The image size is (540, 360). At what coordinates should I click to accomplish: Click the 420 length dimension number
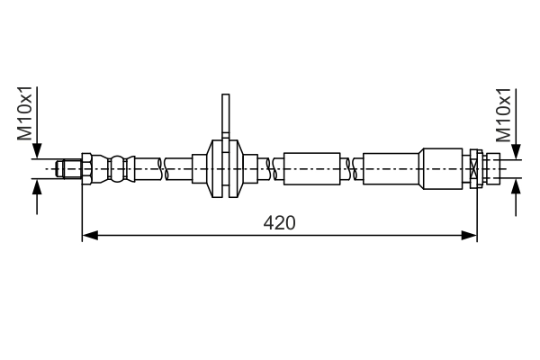tap(279, 222)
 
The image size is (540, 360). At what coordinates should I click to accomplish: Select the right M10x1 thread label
tap(504, 114)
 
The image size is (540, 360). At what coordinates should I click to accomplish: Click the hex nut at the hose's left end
tap(85, 168)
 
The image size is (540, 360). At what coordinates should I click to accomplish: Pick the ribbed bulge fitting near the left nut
tap(115, 168)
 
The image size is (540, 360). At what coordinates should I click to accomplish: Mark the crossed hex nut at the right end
tap(475, 168)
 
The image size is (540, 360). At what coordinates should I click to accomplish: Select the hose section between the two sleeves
tap(356, 168)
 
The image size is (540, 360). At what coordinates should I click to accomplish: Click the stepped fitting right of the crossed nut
tap(491, 168)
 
